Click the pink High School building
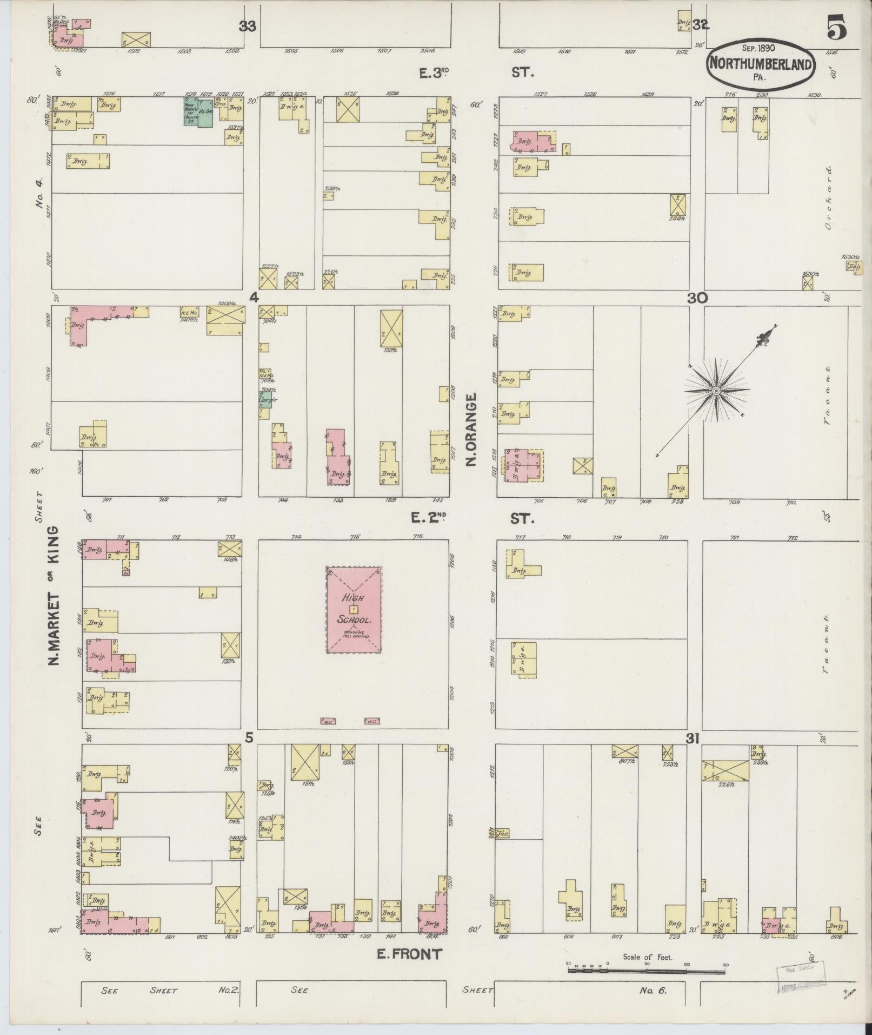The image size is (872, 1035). click(x=354, y=610)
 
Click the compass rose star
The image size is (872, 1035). click(x=716, y=390)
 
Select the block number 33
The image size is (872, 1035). click(x=248, y=26)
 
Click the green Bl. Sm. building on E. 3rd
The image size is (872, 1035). click(x=205, y=112)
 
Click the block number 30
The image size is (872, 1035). click(x=697, y=298)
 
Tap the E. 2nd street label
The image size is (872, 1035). click(x=428, y=518)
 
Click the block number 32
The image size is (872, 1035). click(x=701, y=25)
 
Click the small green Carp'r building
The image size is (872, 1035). click(x=264, y=399)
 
